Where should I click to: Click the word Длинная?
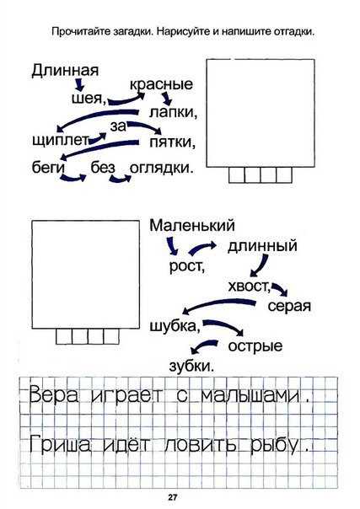pyautogui.click(x=65, y=71)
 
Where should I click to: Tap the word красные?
pyautogui.click(x=161, y=84)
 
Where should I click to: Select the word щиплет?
pyautogui.click(x=61, y=141)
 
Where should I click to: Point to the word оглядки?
pyautogui.click(x=161, y=168)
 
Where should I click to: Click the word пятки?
pyautogui.click(x=172, y=142)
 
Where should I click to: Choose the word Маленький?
pyautogui.click(x=192, y=225)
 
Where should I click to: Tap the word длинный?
pyautogui.click(x=262, y=246)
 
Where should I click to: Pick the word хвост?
pyautogui.click(x=250, y=287)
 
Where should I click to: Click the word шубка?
pyautogui.click(x=175, y=325)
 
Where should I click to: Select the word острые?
pyautogui.click(x=255, y=346)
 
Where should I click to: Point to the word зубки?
pyautogui.click(x=191, y=366)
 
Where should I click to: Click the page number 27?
pyautogui.click(x=172, y=497)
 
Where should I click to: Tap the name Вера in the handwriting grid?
pyautogui.click(x=54, y=395)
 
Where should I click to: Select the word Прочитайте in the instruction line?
pyautogui.click(x=76, y=32)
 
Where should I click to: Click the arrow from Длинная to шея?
pyautogui.click(x=79, y=84)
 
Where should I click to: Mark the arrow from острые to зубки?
pyautogui.click(x=203, y=346)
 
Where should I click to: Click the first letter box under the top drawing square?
pyautogui.click(x=237, y=175)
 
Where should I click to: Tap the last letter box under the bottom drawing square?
pyautogui.click(x=111, y=336)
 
